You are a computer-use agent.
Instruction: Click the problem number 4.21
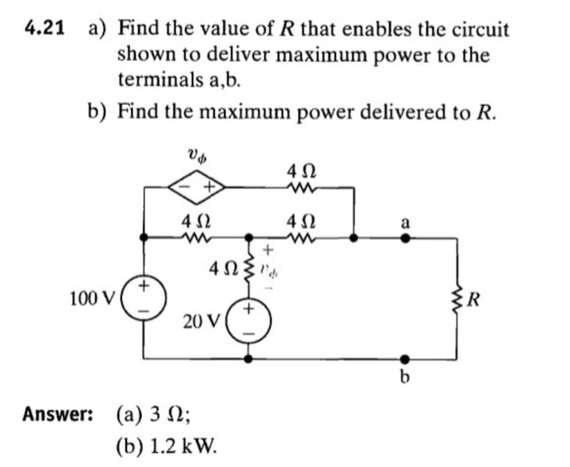coord(46,29)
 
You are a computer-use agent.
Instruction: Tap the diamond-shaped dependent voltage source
coord(197,185)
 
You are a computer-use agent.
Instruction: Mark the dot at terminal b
coord(405,357)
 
